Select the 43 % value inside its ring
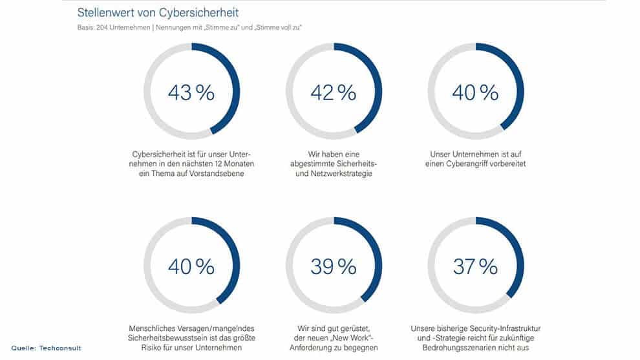point(191,92)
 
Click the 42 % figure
point(333,92)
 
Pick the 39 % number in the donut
point(333,266)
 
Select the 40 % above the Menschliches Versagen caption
point(191,266)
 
